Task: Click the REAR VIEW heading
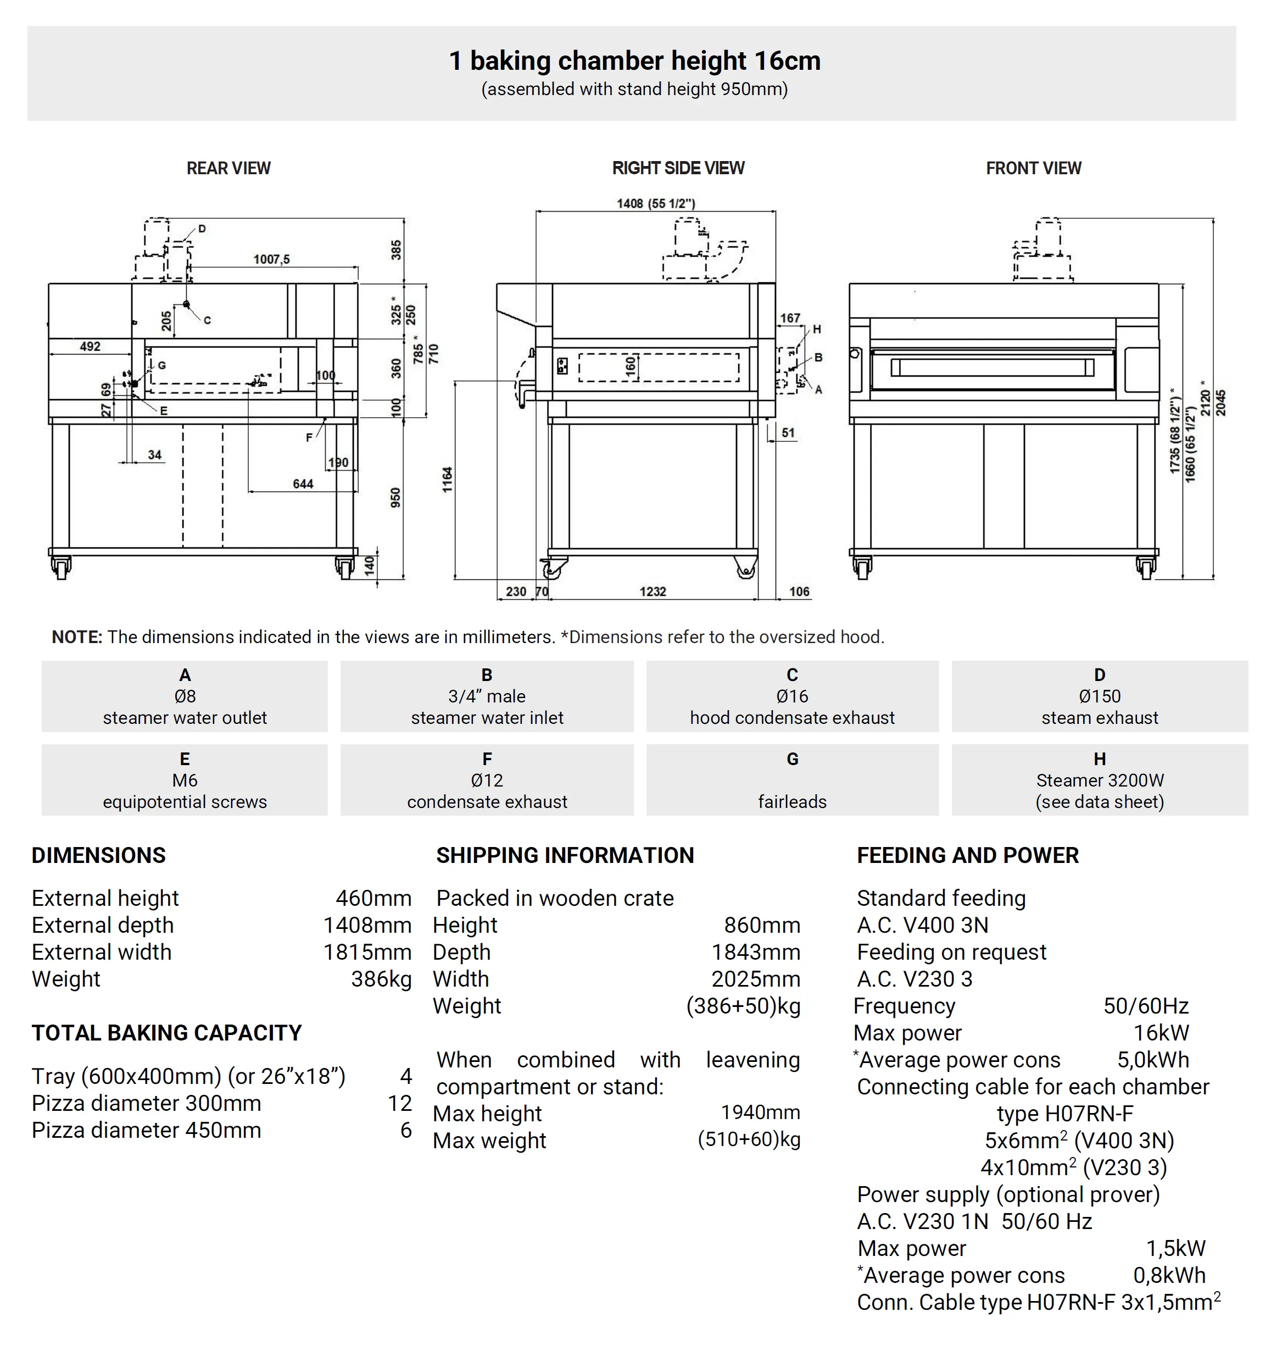[x=228, y=168]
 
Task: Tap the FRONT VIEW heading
[x=1033, y=168]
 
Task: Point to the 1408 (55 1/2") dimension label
[x=656, y=203]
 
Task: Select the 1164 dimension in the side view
[x=447, y=479]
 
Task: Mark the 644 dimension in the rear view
[x=303, y=483]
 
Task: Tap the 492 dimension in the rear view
[x=90, y=346]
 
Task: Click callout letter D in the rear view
[x=202, y=229]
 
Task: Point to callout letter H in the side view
[x=817, y=329]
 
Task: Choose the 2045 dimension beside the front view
[x=1221, y=403]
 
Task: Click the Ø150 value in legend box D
[x=1100, y=696]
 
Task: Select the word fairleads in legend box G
[x=792, y=802]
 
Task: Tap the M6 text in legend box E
[x=185, y=781]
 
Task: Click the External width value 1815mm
[x=367, y=952]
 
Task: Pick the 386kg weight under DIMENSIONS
[x=381, y=979]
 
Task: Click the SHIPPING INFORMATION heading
[x=565, y=856]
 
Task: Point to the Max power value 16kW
[x=1161, y=1032]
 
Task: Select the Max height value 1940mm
[x=760, y=1112]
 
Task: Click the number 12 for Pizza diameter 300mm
[x=400, y=1103]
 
